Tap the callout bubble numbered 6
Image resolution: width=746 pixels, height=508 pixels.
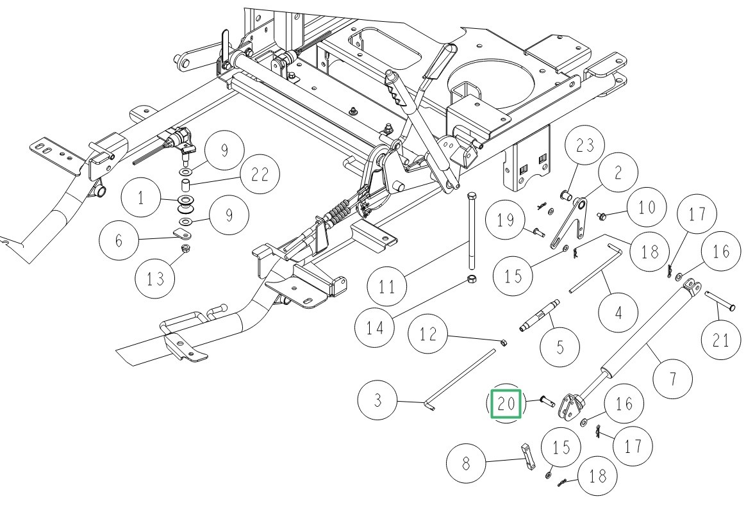pos(119,241)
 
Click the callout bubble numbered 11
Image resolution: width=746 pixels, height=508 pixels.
pos(386,285)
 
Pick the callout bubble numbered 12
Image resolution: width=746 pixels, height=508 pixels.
pos(429,334)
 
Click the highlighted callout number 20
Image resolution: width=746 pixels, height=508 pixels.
pos(506,404)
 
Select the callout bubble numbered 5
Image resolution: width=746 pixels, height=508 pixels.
pos(559,348)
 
